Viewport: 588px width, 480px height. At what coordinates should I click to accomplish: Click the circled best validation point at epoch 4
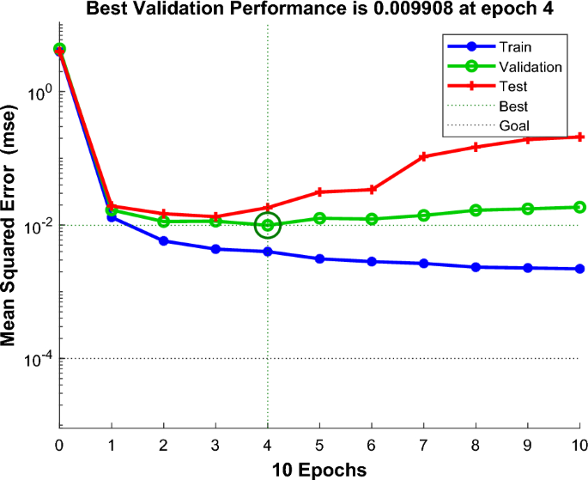(x=268, y=226)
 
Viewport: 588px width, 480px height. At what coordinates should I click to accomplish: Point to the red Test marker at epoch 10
(x=580, y=137)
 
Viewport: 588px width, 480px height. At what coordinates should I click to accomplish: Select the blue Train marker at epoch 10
(x=580, y=269)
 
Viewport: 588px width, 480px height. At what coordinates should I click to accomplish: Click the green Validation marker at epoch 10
(x=580, y=207)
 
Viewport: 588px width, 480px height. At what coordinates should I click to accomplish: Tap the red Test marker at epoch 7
(x=424, y=156)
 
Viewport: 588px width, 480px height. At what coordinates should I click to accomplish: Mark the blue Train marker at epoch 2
(x=163, y=240)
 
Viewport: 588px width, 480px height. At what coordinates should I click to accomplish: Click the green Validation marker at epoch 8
(x=476, y=210)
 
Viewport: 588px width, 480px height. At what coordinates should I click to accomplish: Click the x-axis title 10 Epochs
(x=319, y=469)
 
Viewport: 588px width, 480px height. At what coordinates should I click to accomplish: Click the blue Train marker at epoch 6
(x=372, y=261)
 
